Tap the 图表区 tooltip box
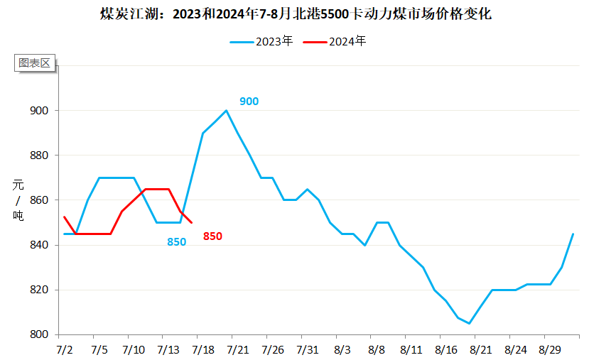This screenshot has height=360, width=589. pyautogui.click(x=35, y=62)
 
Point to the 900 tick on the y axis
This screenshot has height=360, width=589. pyautogui.click(x=39, y=111)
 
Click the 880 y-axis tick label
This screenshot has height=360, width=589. pyautogui.click(x=39, y=156)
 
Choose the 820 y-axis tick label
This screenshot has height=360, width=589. pyautogui.click(x=39, y=290)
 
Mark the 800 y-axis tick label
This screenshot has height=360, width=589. pyautogui.click(x=39, y=334)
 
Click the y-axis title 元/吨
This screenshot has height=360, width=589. pyautogui.click(x=18, y=200)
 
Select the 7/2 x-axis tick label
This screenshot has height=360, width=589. pyautogui.click(x=65, y=349)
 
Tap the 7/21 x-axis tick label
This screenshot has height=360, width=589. pyautogui.click(x=238, y=349)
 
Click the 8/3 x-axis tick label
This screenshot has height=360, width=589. pyautogui.click(x=342, y=349)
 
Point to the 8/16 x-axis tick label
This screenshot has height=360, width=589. pyautogui.click(x=446, y=349)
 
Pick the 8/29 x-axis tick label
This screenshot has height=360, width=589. pyautogui.click(x=550, y=349)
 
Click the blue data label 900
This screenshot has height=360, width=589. pyautogui.click(x=249, y=101)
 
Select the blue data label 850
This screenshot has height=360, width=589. pyautogui.click(x=176, y=241)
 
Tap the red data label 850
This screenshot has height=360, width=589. pyautogui.click(x=212, y=236)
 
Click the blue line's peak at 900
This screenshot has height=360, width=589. pyautogui.click(x=226, y=110)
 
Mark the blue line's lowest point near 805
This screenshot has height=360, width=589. pyautogui.click(x=469, y=323)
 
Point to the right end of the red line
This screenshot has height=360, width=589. pyautogui.click(x=191, y=222)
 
